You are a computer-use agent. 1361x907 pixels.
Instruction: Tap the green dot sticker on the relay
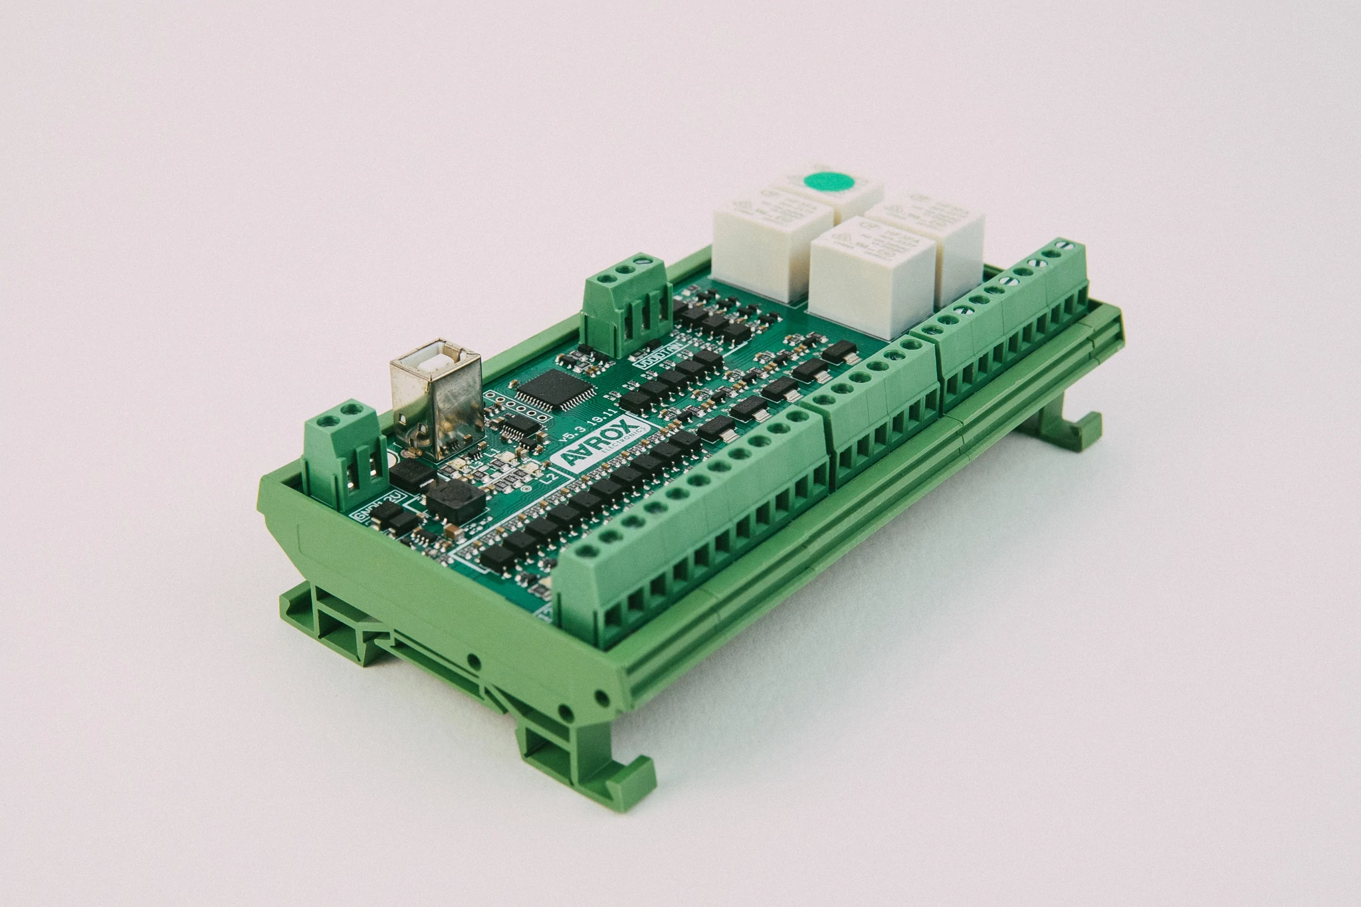pyautogui.click(x=827, y=182)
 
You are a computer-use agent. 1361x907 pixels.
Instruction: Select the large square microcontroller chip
pyautogui.click(x=550, y=389)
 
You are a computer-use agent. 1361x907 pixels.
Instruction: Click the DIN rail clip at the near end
pyautogui.click(x=585, y=744)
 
